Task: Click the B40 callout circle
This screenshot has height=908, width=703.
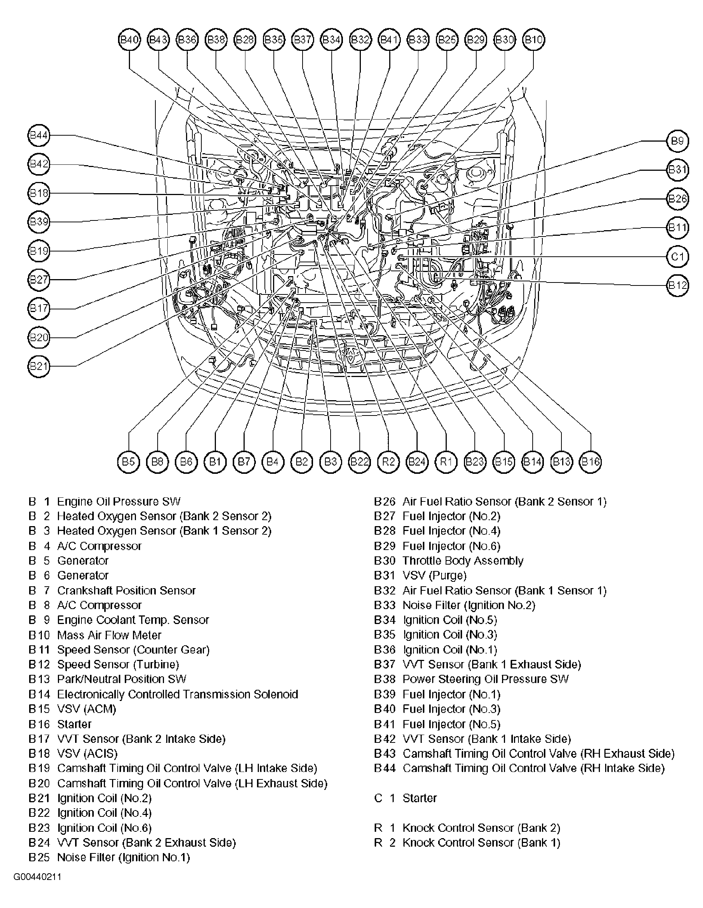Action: [x=129, y=40]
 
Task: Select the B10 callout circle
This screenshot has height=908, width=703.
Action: [x=534, y=40]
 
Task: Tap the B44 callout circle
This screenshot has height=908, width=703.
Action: [x=39, y=135]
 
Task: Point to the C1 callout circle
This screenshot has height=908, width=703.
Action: [x=677, y=256]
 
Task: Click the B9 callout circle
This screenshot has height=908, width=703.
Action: [x=677, y=141]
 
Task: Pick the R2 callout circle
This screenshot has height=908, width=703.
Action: [x=388, y=462]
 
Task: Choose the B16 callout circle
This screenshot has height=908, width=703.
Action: [x=590, y=462]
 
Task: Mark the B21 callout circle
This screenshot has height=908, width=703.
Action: [x=39, y=366]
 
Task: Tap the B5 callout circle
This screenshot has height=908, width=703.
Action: [x=128, y=462]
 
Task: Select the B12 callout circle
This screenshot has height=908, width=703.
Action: [x=677, y=285]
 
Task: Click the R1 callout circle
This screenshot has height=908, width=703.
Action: [x=446, y=462]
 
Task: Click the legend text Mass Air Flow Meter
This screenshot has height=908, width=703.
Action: [x=109, y=635]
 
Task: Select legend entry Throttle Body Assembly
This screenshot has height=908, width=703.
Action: [x=463, y=561]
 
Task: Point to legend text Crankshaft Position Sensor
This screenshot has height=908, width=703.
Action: [x=126, y=590]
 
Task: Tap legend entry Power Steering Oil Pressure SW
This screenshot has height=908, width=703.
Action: [x=485, y=679]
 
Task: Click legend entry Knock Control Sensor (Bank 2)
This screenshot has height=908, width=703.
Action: [x=481, y=828]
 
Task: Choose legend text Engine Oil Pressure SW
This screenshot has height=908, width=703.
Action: [x=118, y=501]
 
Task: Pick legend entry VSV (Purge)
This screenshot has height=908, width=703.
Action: [x=434, y=575]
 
